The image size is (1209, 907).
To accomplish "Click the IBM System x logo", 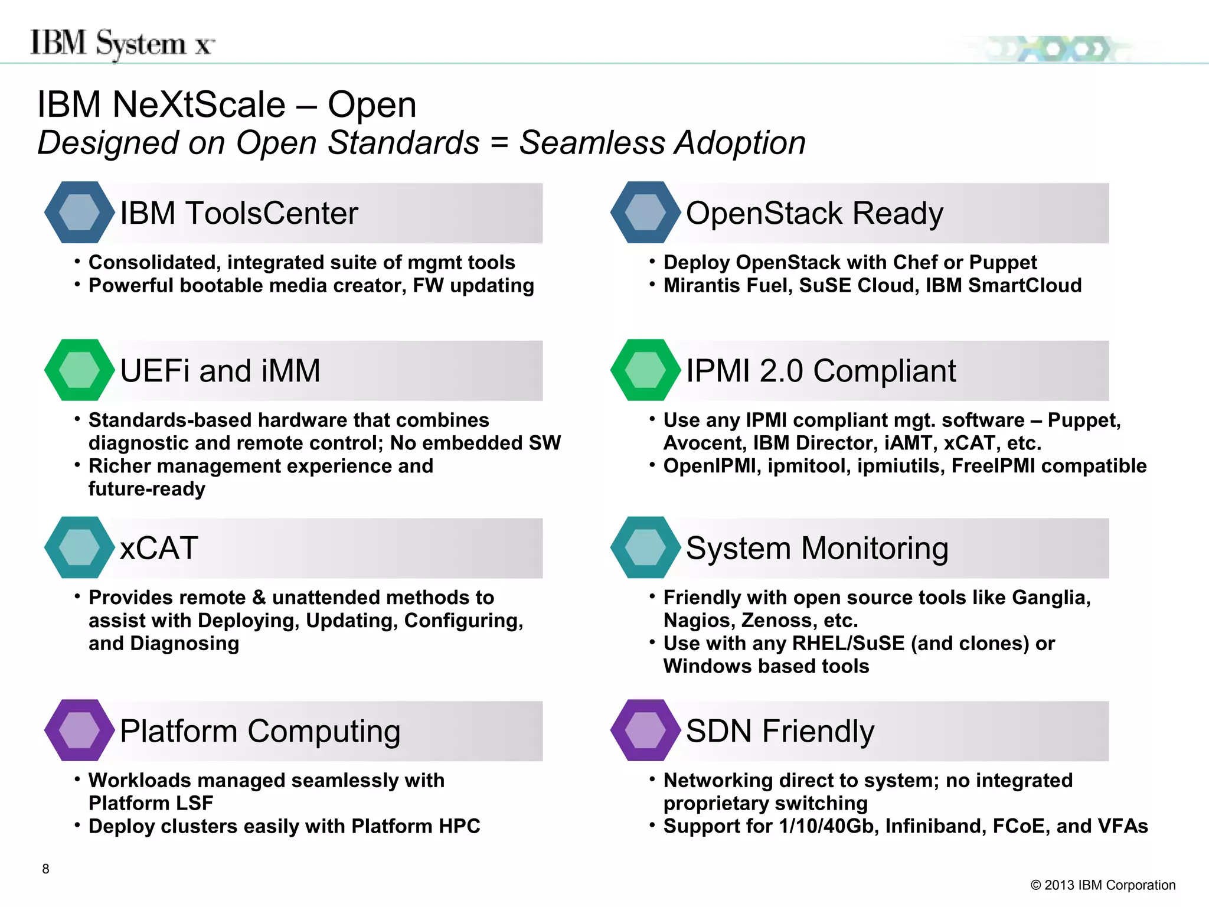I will (x=122, y=44).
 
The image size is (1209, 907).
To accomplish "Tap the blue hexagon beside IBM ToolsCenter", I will (x=79, y=213).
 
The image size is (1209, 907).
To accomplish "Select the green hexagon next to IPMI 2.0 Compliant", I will (x=645, y=370).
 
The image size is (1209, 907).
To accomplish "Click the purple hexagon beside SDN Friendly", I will (x=645, y=730).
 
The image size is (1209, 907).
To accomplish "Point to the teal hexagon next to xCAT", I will (x=79, y=547).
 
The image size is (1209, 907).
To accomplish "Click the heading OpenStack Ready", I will (x=814, y=213).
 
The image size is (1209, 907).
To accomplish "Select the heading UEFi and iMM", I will (x=220, y=371).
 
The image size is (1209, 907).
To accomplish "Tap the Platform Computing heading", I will (x=260, y=731).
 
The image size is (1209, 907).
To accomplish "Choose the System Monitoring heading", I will (x=817, y=548).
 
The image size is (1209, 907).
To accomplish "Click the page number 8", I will (x=45, y=869).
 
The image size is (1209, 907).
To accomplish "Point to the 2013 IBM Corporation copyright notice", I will (x=1103, y=885).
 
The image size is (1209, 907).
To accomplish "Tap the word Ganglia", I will (x=1050, y=598).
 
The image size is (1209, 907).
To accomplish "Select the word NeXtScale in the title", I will (x=199, y=105).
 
